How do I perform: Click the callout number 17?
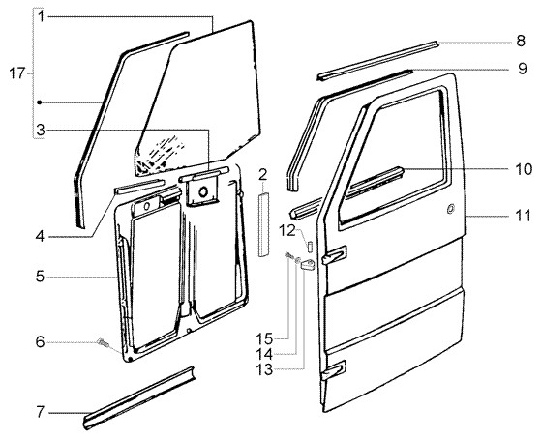point(17,73)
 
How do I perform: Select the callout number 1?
point(41,16)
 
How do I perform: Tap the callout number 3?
point(41,131)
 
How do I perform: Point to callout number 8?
point(521,42)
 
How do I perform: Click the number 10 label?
point(524,169)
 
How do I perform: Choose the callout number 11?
point(523,216)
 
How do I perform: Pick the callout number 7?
point(41,412)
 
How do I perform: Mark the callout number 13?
point(264,370)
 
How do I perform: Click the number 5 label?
point(40,277)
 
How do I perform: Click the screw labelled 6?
point(103,342)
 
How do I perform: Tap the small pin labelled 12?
point(310,245)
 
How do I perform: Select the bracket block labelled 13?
point(308,265)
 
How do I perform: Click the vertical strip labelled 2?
point(263,225)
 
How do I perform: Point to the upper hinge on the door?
point(334,255)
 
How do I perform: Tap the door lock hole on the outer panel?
point(450,209)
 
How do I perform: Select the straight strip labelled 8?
point(377,61)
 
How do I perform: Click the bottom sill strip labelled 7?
point(139,398)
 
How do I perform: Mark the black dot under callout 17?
point(40,102)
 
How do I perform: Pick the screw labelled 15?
point(288,255)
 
